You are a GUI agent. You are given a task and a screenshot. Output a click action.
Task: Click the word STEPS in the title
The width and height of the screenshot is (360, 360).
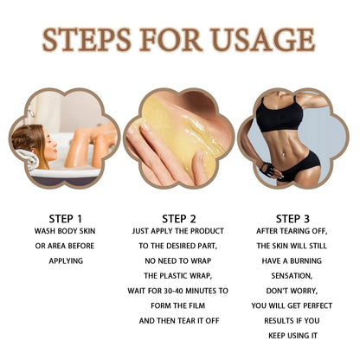tap(86, 41)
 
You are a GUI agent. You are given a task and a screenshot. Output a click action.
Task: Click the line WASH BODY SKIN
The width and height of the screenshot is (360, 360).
tap(63, 232)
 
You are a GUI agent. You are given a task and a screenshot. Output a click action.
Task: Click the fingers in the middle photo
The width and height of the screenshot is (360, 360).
tap(160, 160)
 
